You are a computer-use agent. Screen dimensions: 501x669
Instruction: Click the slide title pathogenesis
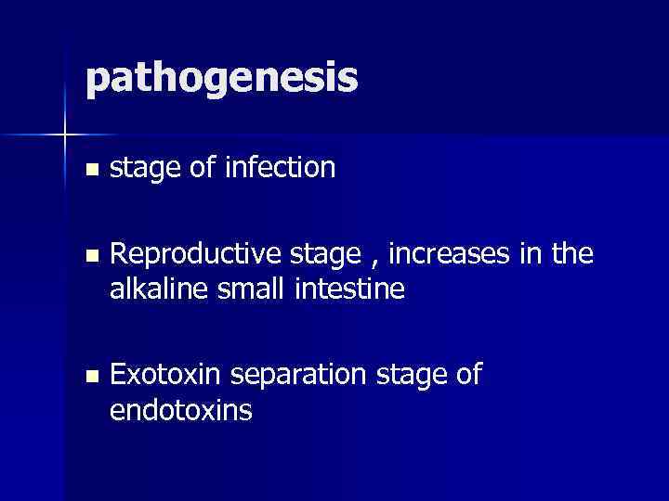point(220,80)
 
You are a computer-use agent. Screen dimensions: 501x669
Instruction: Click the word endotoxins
point(180,409)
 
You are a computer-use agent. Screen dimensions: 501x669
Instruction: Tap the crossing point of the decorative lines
point(65,135)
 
